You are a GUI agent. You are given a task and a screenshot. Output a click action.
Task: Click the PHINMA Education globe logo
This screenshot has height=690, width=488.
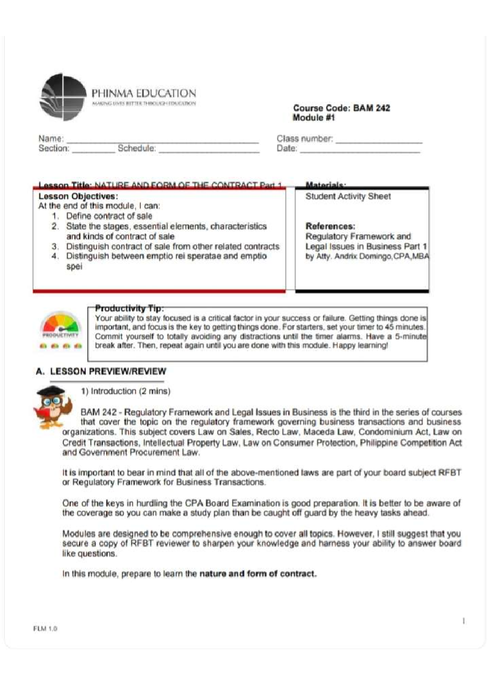tap(63, 97)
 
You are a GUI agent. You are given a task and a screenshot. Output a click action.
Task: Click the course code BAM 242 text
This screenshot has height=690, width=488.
tap(342, 108)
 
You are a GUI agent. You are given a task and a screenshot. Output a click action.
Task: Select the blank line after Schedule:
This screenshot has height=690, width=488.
tap(209, 149)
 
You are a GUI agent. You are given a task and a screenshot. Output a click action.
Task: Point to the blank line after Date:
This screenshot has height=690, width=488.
tap(359, 149)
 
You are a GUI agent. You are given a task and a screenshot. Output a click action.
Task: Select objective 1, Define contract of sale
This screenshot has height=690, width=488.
tap(109, 216)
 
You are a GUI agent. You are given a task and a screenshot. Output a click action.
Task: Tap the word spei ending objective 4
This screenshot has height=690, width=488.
tap(74, 267)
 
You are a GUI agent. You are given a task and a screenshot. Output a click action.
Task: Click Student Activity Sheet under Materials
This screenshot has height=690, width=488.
tap(348, 196)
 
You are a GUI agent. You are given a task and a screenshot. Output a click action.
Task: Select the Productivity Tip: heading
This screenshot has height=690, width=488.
tap(129, 308)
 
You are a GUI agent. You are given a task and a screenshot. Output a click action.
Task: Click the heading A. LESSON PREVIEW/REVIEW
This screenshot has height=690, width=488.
tap(101, 371)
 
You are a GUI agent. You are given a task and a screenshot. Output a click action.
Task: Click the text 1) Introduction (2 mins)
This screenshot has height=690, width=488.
tap(125, 391)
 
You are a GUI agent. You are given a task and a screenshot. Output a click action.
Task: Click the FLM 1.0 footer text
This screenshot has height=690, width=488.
tap(45, 629)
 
